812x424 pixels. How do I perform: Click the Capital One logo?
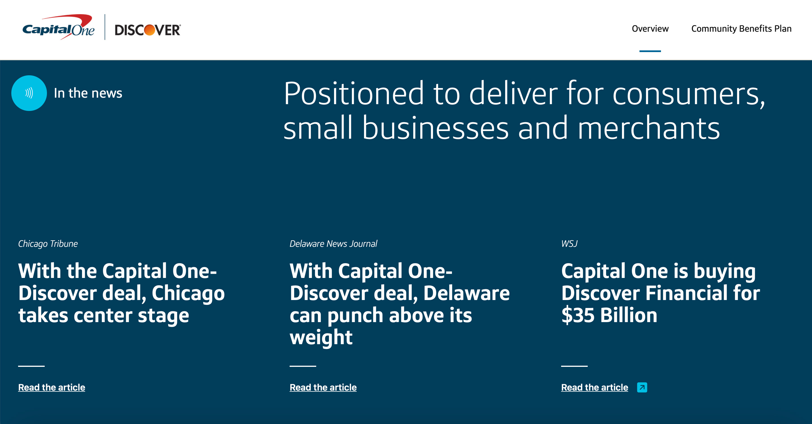[58, 27]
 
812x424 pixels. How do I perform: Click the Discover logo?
[148, 30]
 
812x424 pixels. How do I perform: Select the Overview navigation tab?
[650, 29]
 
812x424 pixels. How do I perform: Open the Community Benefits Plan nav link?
[741, 29]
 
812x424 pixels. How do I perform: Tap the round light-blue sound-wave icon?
[29, 93]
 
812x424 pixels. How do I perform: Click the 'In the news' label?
[88, 93]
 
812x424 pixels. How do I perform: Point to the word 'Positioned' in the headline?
[354, 93]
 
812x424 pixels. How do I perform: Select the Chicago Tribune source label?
[48, 243]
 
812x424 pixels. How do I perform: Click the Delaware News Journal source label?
[333, 243]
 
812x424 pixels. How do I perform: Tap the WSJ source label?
[569, 243]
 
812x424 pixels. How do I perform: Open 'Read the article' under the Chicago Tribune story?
[52, 387]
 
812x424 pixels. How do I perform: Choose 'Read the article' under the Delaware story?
[323, 387]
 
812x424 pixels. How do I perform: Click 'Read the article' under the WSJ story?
[595, 387]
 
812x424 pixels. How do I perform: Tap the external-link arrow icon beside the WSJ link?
[642, 387]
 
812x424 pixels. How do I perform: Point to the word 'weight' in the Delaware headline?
[321, 338]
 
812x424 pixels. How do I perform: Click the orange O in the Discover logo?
[150, 30]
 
